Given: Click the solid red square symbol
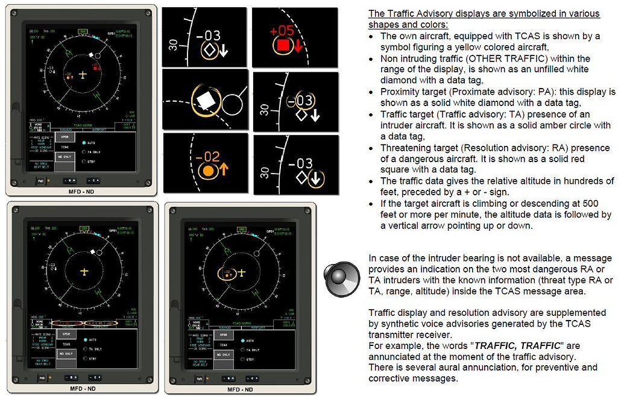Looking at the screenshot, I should (283, 45).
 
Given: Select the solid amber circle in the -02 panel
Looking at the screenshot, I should (209, 171).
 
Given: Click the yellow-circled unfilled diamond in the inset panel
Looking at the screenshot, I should (209, 52).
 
